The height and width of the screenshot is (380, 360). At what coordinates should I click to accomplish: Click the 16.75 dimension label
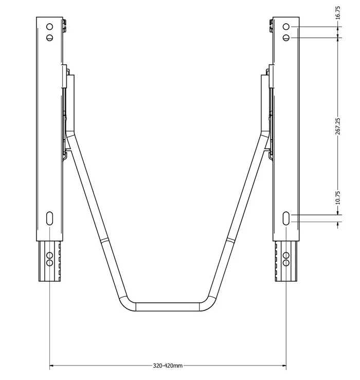point(338,13)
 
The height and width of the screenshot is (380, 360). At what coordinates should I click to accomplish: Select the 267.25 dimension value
point(338,126)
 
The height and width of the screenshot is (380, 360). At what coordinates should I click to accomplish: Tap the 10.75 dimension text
point(338,198)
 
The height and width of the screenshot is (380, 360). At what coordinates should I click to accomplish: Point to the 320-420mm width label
point(168,366)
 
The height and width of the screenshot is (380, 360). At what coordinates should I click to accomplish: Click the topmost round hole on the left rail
point(49,26)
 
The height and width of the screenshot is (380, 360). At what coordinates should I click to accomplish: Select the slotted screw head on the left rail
point(49,38)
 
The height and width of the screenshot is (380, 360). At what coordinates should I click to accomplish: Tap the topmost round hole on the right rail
point(286,26)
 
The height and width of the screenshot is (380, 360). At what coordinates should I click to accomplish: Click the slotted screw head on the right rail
point(286,38)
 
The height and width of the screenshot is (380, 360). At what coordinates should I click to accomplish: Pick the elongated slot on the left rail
point(49,218)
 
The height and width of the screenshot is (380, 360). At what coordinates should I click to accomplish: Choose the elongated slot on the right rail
point(286,218)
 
